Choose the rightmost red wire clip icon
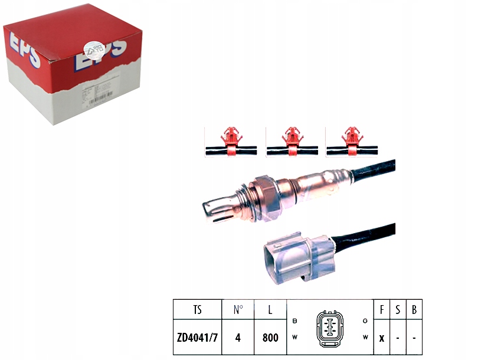point(352,142)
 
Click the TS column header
point(197,309)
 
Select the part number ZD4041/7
point(197,338)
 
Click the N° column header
point(238,309)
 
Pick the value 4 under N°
point(238,338)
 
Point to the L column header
point(270,309)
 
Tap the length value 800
point(270,338)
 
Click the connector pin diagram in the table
point(329,328)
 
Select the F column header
point(382,309)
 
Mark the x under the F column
point(382,338)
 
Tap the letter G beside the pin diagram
point(365,320)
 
